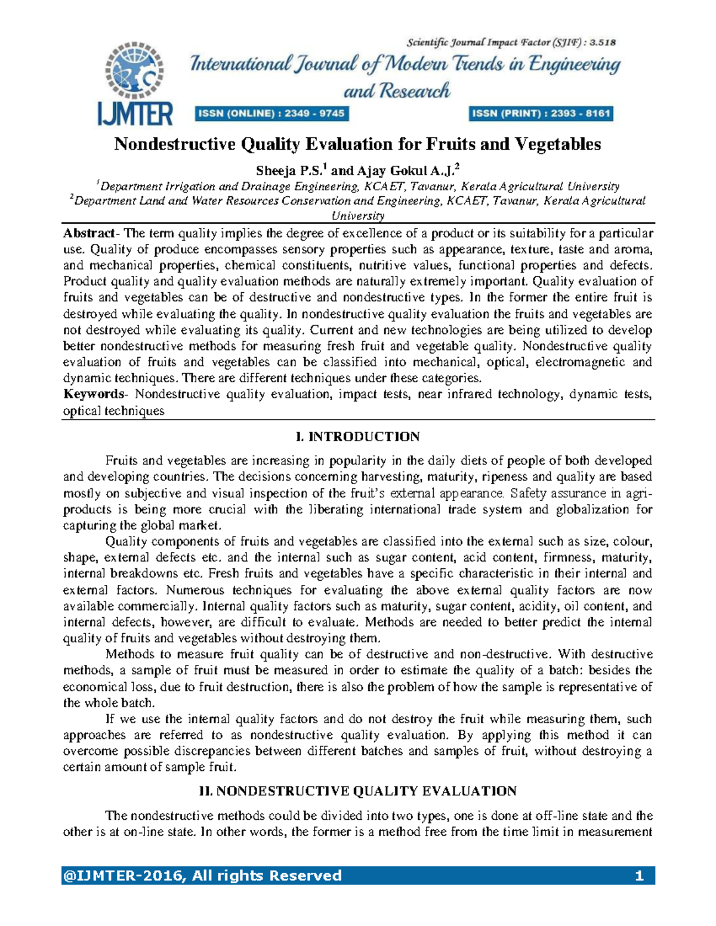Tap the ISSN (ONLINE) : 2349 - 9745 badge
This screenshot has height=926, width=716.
click(x=271, y=113)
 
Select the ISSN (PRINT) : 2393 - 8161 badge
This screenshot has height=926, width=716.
click(x=542, y=113)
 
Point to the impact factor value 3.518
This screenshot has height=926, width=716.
click(x=603, y=42)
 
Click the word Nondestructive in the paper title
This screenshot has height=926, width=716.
click(x=175, y=144)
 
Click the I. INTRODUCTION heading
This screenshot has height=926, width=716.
click(x=358, y=437)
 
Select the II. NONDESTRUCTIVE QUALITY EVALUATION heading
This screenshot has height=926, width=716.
click(x=358, y=791)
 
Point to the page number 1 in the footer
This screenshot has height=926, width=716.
click(x=639, y=876)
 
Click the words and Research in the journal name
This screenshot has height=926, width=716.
click(x=397, y=91)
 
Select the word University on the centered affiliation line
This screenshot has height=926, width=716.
click(x=358, y=215)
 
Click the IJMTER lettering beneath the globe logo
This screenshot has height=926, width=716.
click(x=135, y=113)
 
